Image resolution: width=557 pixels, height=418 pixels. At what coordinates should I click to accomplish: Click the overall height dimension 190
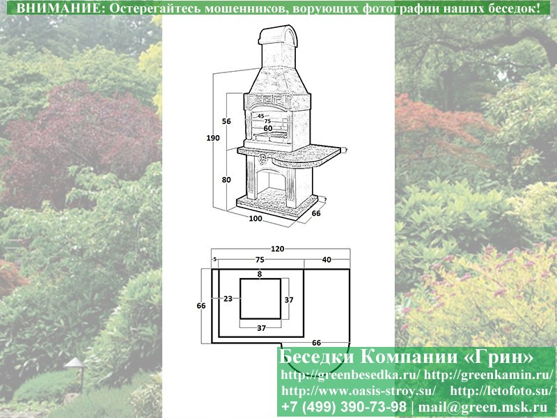tap(213, 138)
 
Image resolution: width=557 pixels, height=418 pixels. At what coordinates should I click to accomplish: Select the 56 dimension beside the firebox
tap(226, 121)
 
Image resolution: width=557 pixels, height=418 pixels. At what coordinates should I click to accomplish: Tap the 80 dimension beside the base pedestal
tap(226, 180)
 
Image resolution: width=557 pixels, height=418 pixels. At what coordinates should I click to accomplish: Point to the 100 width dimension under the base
tap(256, 218)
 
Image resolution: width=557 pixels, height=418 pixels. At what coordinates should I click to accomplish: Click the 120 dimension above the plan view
tap(277, 249)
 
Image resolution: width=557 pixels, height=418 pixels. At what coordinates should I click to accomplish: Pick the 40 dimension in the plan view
tap(327, 260)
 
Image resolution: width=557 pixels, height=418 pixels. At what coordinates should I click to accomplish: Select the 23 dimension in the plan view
tap(228, 299)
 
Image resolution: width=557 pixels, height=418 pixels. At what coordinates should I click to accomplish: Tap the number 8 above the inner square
tap(260, 274)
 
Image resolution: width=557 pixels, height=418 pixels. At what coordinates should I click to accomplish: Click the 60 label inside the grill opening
tap(268, 128)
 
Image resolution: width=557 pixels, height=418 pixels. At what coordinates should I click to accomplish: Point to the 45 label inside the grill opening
tap(260, 116)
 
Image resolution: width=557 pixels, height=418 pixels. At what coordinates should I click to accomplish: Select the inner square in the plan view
tap(260, 299)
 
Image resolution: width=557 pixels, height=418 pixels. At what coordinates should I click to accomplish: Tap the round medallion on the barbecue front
tap(264, 159)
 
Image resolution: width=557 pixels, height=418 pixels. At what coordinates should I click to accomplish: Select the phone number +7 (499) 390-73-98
tap(343, 406)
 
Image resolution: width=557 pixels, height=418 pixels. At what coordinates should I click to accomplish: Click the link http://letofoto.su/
tap(501, 391)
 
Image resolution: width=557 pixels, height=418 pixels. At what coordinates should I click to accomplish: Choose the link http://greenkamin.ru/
tap(489, 374)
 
